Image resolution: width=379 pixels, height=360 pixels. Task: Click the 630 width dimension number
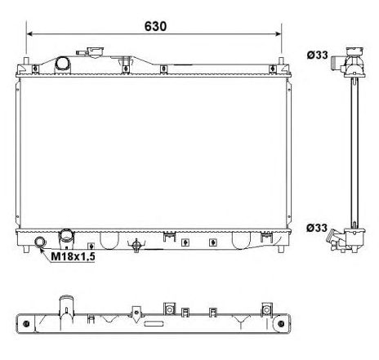pyautogui.click(x=155, y=25)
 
